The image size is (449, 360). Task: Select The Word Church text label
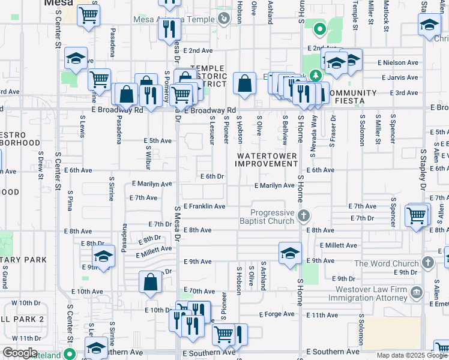click(x=386, y=263)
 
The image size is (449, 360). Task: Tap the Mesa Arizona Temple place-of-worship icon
click(x=224, y=19)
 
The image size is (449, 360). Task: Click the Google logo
click(x=20, y=353)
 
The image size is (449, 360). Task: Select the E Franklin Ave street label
click(x=204, y=206)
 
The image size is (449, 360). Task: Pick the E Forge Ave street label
click(x=277, y=314)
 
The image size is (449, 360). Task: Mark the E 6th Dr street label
click(x=212, y=176)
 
